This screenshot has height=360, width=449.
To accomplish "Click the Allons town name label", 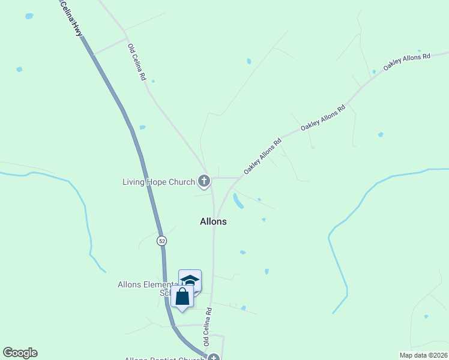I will pos(213,221).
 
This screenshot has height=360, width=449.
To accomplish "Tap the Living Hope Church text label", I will pos(158,182).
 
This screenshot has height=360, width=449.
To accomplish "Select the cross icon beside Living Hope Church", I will pos(204,181).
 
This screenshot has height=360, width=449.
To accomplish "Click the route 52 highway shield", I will pos(161,241).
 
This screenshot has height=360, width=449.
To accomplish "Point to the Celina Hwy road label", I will pos(71,18).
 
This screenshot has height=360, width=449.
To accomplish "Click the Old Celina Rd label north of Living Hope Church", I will pos(136,62).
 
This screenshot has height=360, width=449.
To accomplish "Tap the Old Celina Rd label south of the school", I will pos(208,326).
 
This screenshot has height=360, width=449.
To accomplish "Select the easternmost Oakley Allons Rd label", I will pos(407,62).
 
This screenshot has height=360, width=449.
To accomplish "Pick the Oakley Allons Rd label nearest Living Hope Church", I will pos(262,157).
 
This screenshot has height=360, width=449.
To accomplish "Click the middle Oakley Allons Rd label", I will pos(324,117).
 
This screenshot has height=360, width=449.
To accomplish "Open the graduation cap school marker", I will pos(190,281).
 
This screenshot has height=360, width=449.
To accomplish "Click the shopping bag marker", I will pos(182,296).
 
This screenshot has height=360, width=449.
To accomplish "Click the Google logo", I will pos(20,353).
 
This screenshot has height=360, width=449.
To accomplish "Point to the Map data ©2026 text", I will pos(423,355).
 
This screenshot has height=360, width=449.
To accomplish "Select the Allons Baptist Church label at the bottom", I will pos(163,359).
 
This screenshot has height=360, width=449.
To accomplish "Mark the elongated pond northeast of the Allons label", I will pos(238,201).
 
